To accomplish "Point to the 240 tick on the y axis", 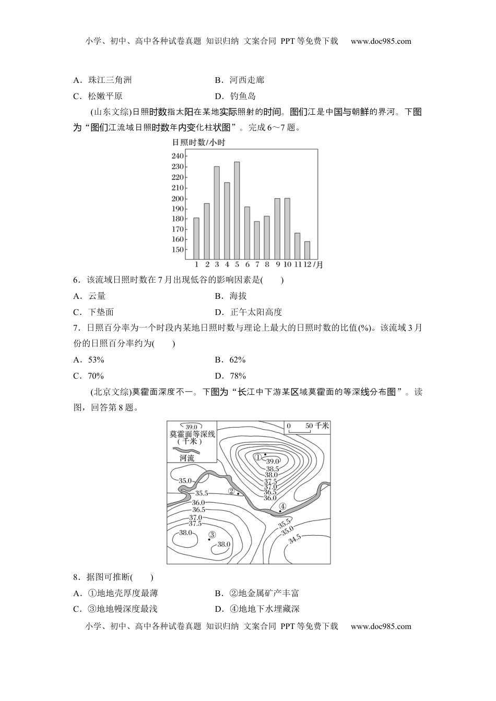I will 178,156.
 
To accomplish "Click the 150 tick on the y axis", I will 178,250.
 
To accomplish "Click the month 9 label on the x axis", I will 277,264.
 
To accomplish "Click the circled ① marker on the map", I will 258,457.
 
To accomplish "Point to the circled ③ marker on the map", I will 212,534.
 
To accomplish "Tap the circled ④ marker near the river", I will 282,506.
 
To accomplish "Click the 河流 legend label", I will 186,458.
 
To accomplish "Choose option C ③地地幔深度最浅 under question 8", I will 115,609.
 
